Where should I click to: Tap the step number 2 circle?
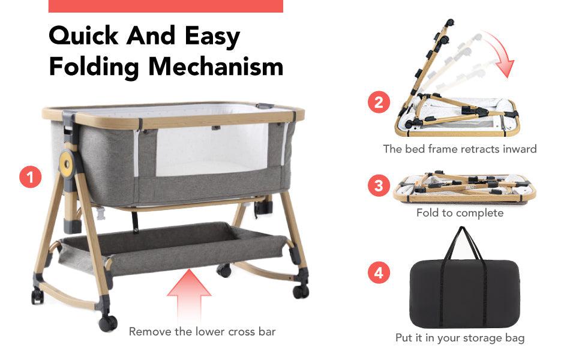379,103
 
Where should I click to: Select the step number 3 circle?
379,186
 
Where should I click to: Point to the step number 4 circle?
379,274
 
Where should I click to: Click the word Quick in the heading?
84,36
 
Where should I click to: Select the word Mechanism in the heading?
216,66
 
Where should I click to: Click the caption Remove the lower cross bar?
202,331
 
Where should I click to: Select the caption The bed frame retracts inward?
460,149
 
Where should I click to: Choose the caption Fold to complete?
460,213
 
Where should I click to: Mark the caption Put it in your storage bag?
460,338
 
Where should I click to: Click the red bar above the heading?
165,6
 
